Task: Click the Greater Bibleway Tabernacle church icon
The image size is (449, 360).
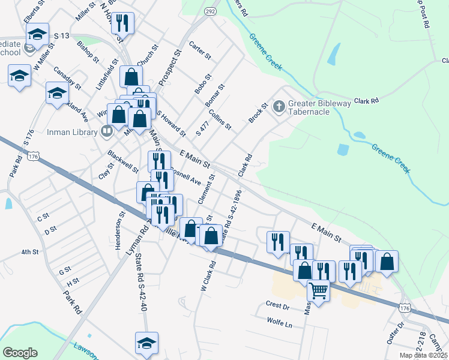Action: coord(279,107)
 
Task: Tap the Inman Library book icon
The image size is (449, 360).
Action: coord(107,131)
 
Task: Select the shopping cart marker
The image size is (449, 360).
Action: coord(318,290)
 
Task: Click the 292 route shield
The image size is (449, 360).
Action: coord(209,11)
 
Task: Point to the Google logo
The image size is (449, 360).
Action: coord(20,353)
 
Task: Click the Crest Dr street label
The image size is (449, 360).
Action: coord(277,305)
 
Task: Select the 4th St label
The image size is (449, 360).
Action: coord(30,252)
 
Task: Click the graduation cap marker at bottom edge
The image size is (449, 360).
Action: coord(146,343)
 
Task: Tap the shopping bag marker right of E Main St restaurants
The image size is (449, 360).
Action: coord(387,261)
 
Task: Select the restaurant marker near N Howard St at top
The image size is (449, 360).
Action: coord(122,23)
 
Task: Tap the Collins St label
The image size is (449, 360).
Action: coord(220,118)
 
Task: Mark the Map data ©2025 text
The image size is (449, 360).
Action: coord(423,355)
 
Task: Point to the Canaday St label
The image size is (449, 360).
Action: coord(67,77)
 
